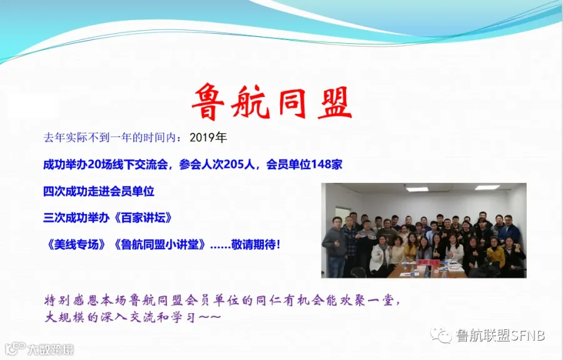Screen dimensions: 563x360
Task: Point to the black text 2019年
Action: (208, 137)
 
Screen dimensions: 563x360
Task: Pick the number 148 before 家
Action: (321, 165)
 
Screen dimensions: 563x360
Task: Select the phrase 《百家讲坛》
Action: (141, 218)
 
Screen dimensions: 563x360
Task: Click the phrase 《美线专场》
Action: (76, 245)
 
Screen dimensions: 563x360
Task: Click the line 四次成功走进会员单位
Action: (99, 191)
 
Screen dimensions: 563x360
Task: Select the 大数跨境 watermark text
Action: (51, 349)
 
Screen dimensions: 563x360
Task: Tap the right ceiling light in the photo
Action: (487, 187)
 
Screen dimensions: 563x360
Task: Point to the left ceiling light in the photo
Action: (417, 188)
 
